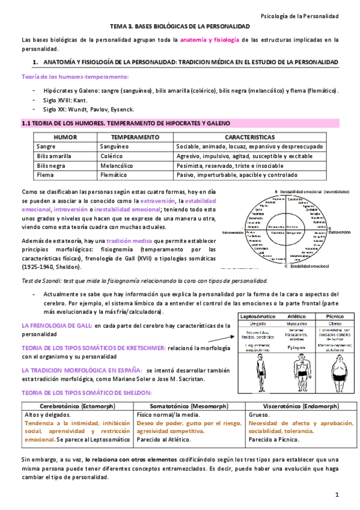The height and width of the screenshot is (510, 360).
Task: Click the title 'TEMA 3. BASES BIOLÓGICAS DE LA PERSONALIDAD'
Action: (180, 27)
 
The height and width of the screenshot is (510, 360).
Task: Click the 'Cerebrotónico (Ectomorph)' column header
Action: (77, 405)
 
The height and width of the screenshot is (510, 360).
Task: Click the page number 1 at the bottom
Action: (338, 494)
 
